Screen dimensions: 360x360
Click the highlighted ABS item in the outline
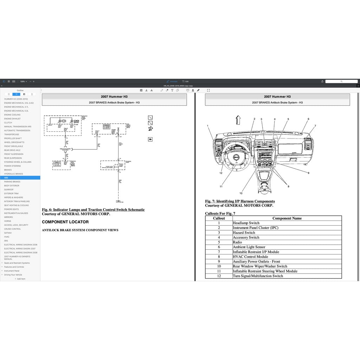(6, 178)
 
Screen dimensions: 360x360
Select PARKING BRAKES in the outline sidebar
(12, 182)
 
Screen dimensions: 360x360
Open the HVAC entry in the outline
(7, 237)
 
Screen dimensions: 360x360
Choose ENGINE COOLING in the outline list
(12, 115)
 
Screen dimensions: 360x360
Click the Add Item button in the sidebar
(20, 279)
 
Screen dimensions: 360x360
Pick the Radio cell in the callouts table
(237, 242)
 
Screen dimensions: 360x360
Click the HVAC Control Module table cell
(250, 257)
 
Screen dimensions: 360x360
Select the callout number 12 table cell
(219, 276)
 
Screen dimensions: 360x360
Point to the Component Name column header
(287, 218)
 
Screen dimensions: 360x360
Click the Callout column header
(219, 218)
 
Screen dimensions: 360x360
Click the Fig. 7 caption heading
(240, 201)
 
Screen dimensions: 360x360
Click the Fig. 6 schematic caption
(93, 210)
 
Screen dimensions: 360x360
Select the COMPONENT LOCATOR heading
(65, 222)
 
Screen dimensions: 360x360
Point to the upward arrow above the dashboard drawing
(238, 120)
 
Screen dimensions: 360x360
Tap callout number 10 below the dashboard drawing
(241, 193)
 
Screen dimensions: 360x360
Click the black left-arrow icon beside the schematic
(150, 139)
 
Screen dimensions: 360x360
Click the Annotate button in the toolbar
(172, 81)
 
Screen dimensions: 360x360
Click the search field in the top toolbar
(341, 81)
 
